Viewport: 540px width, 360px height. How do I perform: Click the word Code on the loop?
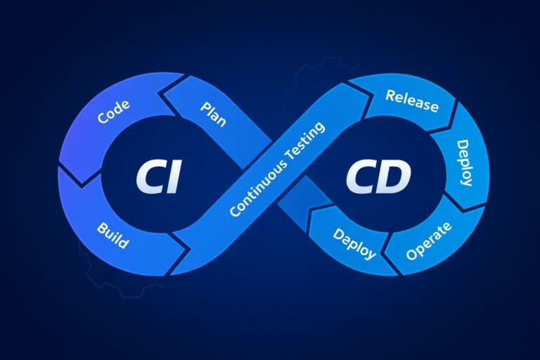coord(113,112)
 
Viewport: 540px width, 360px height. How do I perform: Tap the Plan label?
coord(213,113)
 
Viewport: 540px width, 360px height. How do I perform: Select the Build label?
coord(112,236)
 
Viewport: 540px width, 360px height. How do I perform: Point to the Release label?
coord(412,101)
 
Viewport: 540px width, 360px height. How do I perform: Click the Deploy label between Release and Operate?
coord(465,162)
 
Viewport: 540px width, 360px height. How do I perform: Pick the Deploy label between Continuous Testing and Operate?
coord(354,243)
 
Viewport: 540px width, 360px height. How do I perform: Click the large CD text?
coord(378,177)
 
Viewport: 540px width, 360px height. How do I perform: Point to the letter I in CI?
coord(174,177)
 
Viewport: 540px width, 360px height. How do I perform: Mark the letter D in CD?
coord(394,177)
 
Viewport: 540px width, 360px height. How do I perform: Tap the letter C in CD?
coord(361,177)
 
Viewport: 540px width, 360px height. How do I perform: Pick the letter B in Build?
coord(101,226)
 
